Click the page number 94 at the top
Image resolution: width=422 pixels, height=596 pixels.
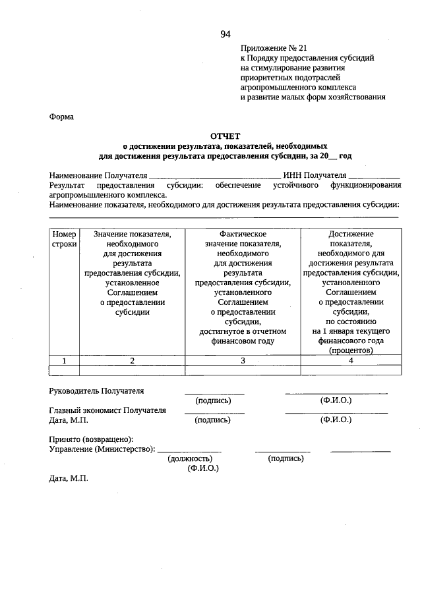pyautogui.click(x=226, y=34)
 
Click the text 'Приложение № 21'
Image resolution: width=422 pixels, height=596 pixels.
pyautogui.click(x=274, y=48)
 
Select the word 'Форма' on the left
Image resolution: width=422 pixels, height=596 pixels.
pyautogui.click(x=62, y=117)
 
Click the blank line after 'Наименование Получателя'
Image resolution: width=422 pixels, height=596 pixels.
pyautogui.click(x=214, y=177)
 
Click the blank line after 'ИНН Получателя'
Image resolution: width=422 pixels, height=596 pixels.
pyautogui.click(x=374, y=177)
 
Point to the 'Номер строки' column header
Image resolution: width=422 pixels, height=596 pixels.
pyautogui.click(x=65, y=239)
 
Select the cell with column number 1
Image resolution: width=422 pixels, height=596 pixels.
pyautogui.click(x=65, y=360)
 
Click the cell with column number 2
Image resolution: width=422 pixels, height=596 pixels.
pyautogui.click(x=132, y=360)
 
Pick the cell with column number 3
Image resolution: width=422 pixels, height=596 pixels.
pyautogui.click(x=243, y=360)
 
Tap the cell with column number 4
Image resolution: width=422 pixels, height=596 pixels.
pyautogui.click(x=351, y=360)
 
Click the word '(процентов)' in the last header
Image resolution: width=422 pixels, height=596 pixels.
pyautogui.click(x=351, y=351)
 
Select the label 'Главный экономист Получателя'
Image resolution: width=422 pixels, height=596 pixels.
pyautogui.click(x=107, y=410)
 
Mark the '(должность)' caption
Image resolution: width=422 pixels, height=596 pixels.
pyautogui.click(x=190, y=458)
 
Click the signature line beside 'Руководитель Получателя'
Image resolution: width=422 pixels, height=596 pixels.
pyautogui.click(x=214, y=393)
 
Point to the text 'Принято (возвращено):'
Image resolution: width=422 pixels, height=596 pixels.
pyautogui.click(x=91, y=439)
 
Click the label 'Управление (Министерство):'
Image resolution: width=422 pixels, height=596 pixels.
pyautogui.click(x=102, y=449)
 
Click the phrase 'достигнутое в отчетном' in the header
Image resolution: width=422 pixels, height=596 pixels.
pyautogui.click(x=243, y=332)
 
